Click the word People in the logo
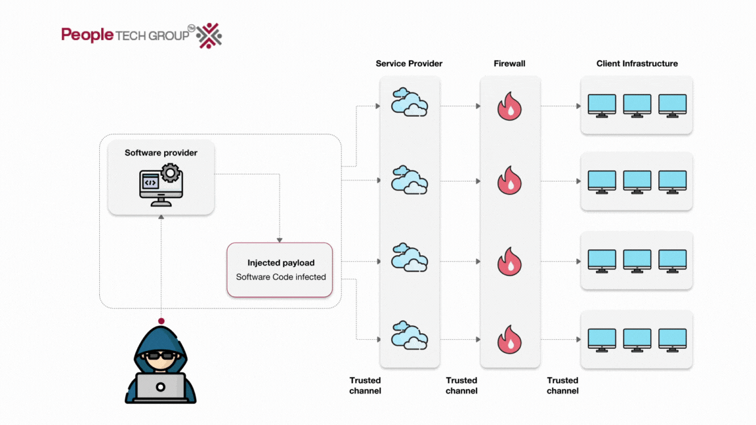coord(87,35)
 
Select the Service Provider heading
coord(409,64)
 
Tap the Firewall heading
coord(509,64)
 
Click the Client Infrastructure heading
coord(637,64)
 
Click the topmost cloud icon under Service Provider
coord(409,102)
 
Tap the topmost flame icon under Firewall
coord(509,106)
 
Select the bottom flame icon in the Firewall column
coord(509,338)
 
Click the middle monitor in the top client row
coord(637,106)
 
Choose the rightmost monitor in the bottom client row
coord(672,338)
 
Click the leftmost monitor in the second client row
coord(602,182)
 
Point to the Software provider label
coord(161,153)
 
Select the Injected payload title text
coord(281,262)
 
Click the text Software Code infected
coord(281,277)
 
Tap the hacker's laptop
coord(160,387)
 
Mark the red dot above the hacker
coord(161,321)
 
